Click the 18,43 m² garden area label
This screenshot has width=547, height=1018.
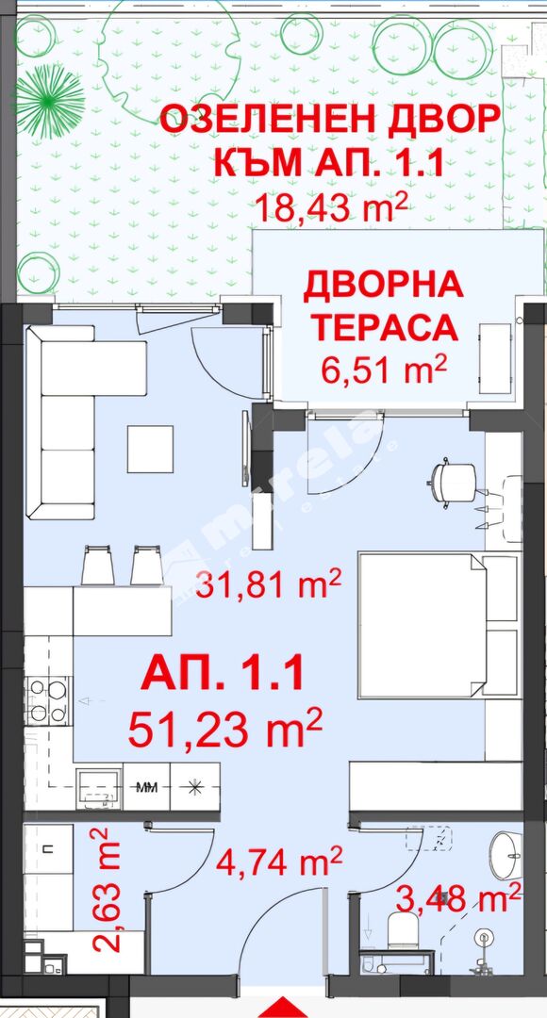tap(331, 206)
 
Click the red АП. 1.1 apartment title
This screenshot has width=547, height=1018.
tap(223, 673)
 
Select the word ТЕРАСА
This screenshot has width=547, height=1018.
tap(383, 329)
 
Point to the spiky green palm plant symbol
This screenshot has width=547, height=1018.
tap(50, 101)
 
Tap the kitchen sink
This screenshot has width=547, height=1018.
tap(98, 788)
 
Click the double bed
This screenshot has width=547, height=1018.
tap(438, 624)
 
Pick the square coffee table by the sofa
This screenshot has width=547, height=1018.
tap(150, 449)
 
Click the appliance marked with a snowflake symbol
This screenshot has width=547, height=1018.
tap(194, 787)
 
